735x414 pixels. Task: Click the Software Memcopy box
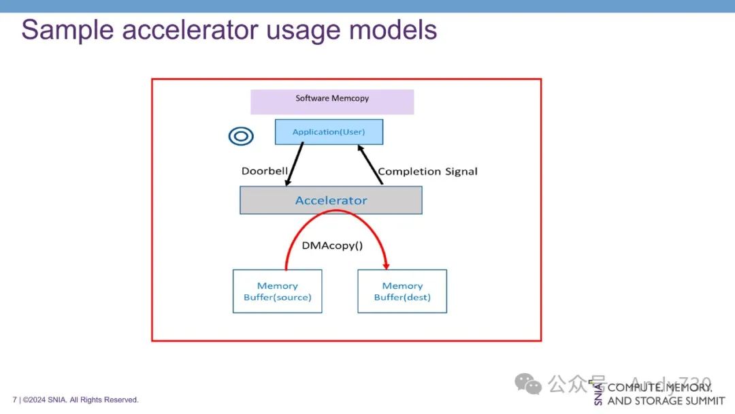332,101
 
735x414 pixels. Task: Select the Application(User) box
329,131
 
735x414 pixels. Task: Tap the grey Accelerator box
331,200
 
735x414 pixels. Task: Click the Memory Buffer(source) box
277,291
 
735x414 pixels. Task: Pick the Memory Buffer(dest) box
402,291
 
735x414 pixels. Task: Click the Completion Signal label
427,171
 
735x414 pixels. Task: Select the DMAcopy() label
332,245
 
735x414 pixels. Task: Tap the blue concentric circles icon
241,136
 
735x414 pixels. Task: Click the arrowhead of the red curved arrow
387,264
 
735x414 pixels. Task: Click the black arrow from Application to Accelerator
295,163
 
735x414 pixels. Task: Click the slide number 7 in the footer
14,400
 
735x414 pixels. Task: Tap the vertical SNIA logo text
598,394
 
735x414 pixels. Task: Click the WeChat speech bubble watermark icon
528,384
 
